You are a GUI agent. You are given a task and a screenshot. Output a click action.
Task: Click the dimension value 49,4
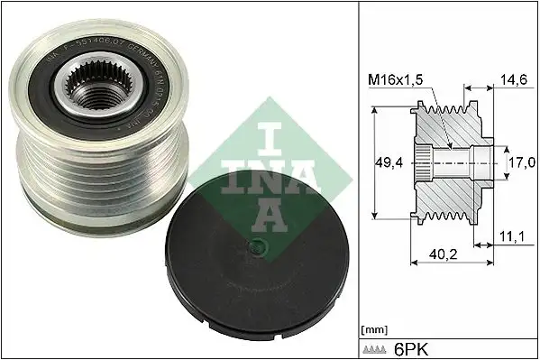388,163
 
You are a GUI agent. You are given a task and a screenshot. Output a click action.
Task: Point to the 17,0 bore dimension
518,163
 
